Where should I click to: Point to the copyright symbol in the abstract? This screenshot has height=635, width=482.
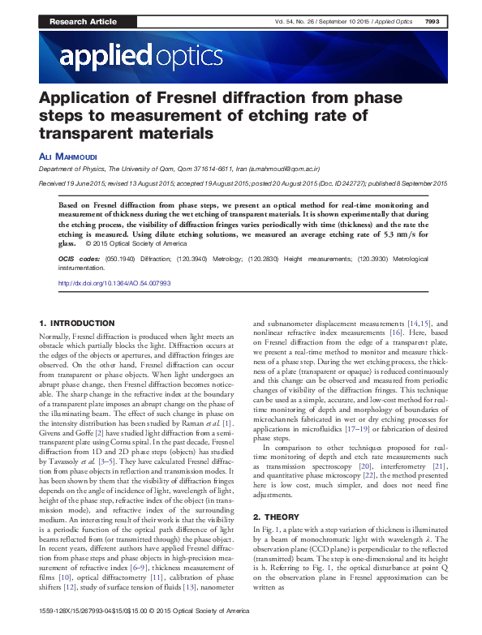coord(87,243)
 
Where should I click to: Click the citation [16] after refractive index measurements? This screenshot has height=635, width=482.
coord(396,333)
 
